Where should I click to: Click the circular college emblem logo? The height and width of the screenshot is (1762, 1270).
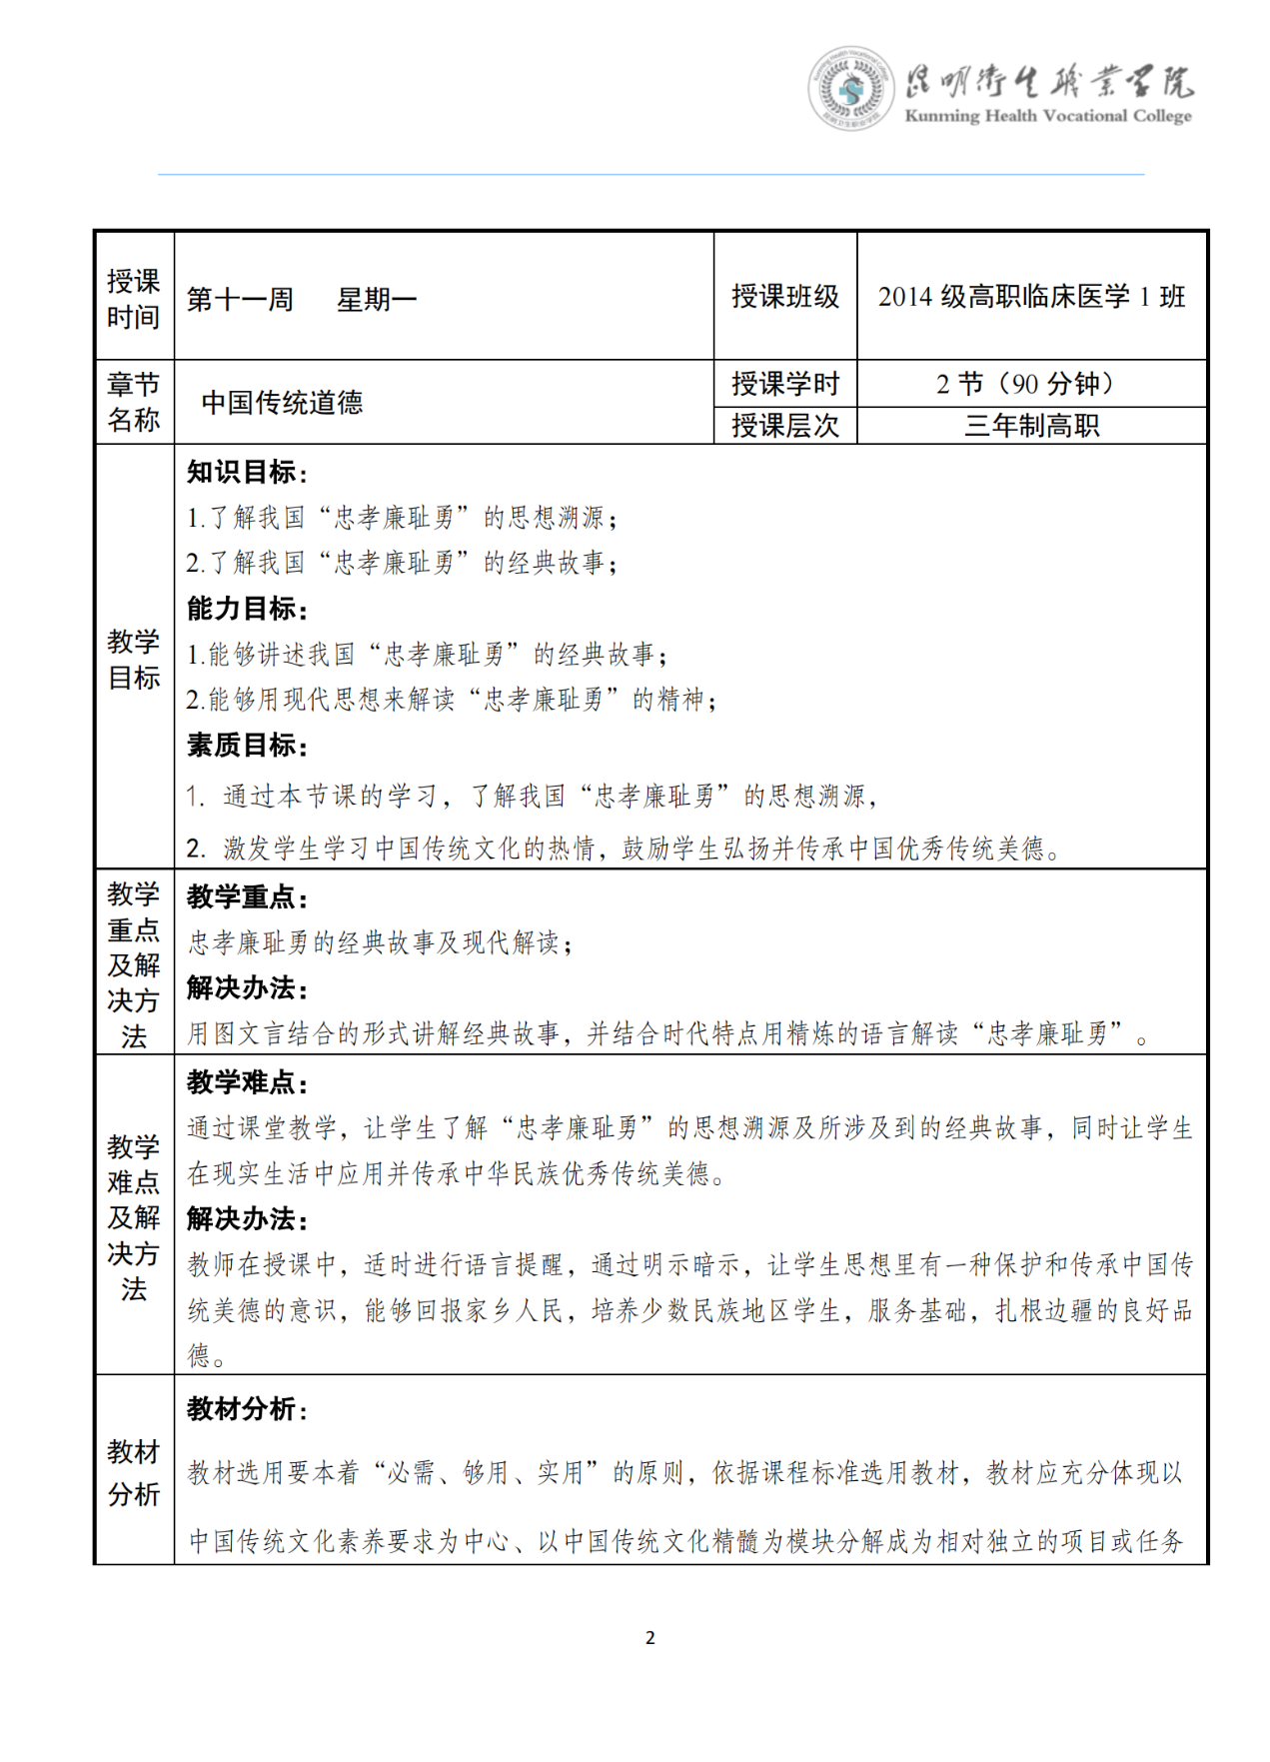(x=850, y=89)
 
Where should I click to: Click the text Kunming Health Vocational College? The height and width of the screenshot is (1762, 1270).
(x=1047, y=116)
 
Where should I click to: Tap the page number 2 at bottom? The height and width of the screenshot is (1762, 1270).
(x=650, y=1637)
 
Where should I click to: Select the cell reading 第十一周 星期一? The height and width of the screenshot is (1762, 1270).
(x=302, y=299)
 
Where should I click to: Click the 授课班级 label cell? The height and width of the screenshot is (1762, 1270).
(x=785, y=297)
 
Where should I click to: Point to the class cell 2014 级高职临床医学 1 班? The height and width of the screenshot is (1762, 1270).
(x=1031, y=297)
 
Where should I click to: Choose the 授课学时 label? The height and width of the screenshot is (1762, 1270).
(x=785, y=384)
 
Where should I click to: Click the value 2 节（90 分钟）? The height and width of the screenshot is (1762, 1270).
(x=1031, y=384)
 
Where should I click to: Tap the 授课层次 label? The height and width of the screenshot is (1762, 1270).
(x=785, y=426)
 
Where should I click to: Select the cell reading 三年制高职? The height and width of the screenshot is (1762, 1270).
(x=1031, y=426)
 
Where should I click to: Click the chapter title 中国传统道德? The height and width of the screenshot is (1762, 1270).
(x=282, y=403)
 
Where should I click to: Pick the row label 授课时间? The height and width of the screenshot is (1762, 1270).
(x=134, y=299)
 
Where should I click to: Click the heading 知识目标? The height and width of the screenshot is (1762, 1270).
(x=247, y=472)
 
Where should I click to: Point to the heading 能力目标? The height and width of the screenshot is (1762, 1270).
(x=247, y=609)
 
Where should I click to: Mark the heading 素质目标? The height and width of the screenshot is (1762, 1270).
(x=247, y=746)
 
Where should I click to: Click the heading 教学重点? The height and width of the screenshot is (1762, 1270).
(x=247, y=896)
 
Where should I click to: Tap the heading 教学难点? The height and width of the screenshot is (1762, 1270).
(x=247, y=1082)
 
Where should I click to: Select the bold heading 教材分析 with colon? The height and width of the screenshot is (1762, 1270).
(x=247, y=1409)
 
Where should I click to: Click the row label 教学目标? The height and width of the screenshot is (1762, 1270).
(x=134, y=659)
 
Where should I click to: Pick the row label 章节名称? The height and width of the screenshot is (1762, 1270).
(x=134, y=402)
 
